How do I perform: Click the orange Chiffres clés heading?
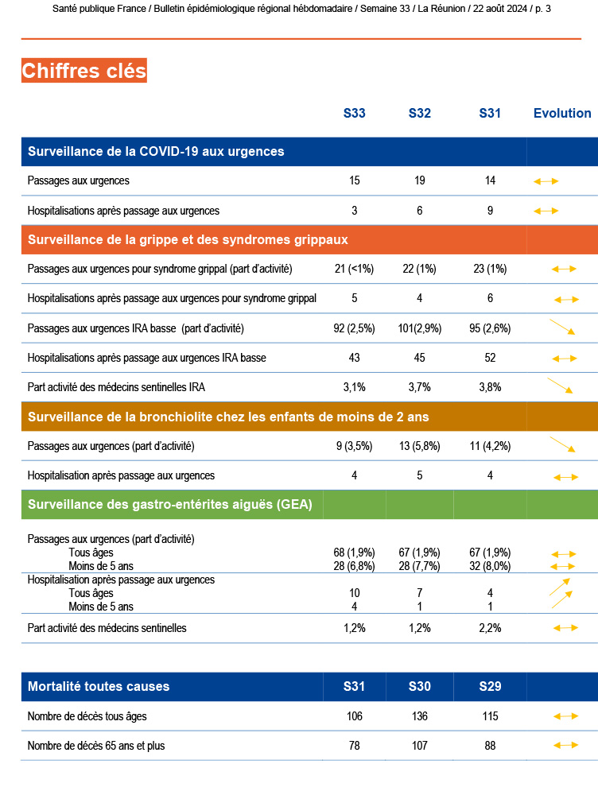(84, 71)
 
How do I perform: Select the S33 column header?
(355, 113)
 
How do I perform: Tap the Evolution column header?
(562, 113)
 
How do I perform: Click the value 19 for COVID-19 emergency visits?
(420, 180)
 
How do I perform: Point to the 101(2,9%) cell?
(420, 328)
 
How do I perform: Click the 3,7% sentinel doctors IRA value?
(420, 387)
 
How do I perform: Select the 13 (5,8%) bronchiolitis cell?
(420, 446)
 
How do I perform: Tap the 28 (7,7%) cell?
(420, 565)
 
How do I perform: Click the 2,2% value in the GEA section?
(490, 628)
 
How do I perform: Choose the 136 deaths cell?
(420, 716)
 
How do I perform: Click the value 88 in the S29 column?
(490, 746)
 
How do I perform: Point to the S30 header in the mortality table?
(420, 686)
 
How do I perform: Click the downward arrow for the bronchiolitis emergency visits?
(563, 445)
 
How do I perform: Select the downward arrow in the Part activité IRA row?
(561, 386)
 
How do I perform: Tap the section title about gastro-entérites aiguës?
(170, 504)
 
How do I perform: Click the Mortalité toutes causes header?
(99, 686)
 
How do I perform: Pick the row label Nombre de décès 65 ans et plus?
(96, 746)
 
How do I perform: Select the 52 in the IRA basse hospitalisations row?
(490, 358)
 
